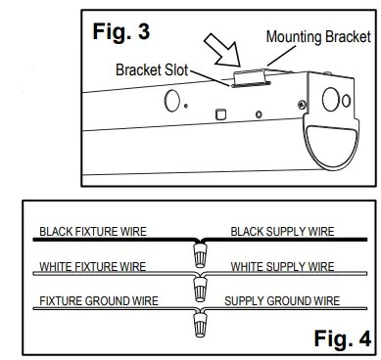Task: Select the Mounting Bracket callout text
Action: point(319,37)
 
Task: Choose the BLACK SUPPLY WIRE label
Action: point(282,233)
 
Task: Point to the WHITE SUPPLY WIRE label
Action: point(282,267)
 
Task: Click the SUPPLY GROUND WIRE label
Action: point(282,301)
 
